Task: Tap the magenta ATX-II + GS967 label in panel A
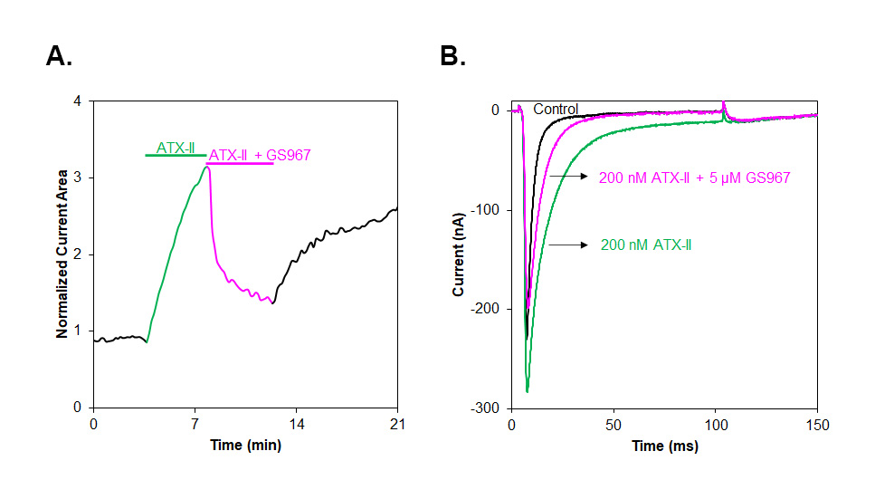(260, 155)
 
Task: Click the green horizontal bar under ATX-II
(176, 156)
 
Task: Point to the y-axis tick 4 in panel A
(79, 101)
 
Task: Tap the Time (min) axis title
(244, 445)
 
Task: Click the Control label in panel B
(556, 110)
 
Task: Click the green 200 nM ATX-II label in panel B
(646, 245)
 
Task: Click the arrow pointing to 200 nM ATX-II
(567, 245)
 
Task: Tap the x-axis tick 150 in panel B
(816, 424)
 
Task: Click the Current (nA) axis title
(460, 254)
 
